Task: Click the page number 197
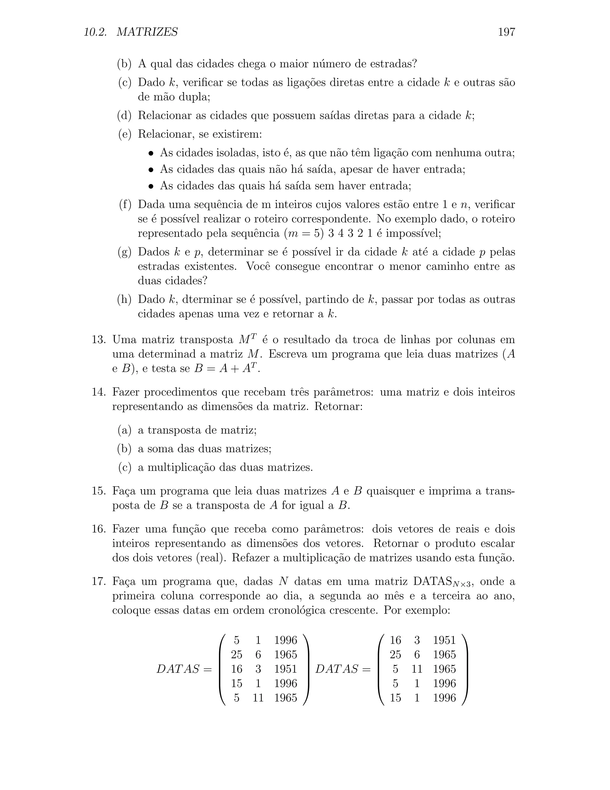pos(506,32)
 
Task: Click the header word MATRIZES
pos(147,32)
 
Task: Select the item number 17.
pos(98,581)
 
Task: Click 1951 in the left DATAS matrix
pos(285,669)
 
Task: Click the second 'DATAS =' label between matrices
pos(343,669)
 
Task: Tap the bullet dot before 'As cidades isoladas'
pos(151,153)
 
